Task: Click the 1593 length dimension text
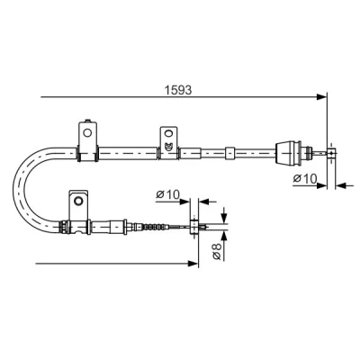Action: tap(178, 90)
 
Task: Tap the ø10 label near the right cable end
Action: tap(305, 179)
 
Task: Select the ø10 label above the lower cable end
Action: tap(167, 194)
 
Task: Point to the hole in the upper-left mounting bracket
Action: tap(87, 132)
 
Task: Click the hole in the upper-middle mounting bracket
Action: tap(168, 133)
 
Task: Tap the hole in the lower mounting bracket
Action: tap(78, 201)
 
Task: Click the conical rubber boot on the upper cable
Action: tap(288, 153)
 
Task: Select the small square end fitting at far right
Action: tap(331, 153)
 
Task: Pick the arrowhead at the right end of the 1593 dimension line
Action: tap(321, 97)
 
